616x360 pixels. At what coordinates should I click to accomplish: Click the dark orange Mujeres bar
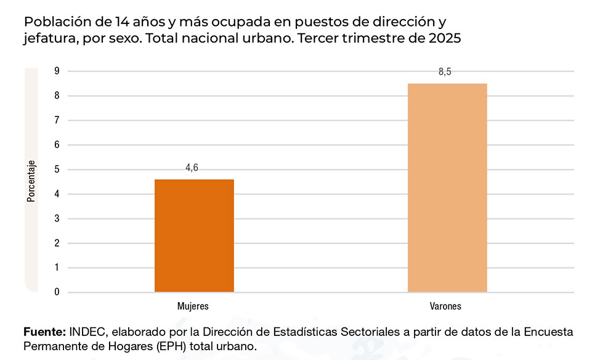click(x=194, y=235)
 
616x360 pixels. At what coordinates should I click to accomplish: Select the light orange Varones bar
click(x=447, y=187)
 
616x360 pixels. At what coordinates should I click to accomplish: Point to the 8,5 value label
click(x=445, y=72)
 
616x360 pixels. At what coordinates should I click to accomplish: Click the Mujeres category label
click(x=193, y=306)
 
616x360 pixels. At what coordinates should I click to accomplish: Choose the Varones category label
click(x=445, y=306)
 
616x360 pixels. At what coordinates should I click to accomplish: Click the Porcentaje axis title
click(x=31, y=181)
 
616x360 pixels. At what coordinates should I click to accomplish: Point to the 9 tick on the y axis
click(x=57, y=71)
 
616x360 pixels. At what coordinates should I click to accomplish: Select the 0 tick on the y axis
click(x=57, y=292)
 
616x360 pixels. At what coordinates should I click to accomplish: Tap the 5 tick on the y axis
click(x=57, y=170)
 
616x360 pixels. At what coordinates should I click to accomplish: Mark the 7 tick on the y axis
click(x=57, y=120)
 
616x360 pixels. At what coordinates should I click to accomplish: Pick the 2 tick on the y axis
click(x=57, y=243)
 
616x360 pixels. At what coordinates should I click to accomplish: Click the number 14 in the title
click(x=123, y=22)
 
